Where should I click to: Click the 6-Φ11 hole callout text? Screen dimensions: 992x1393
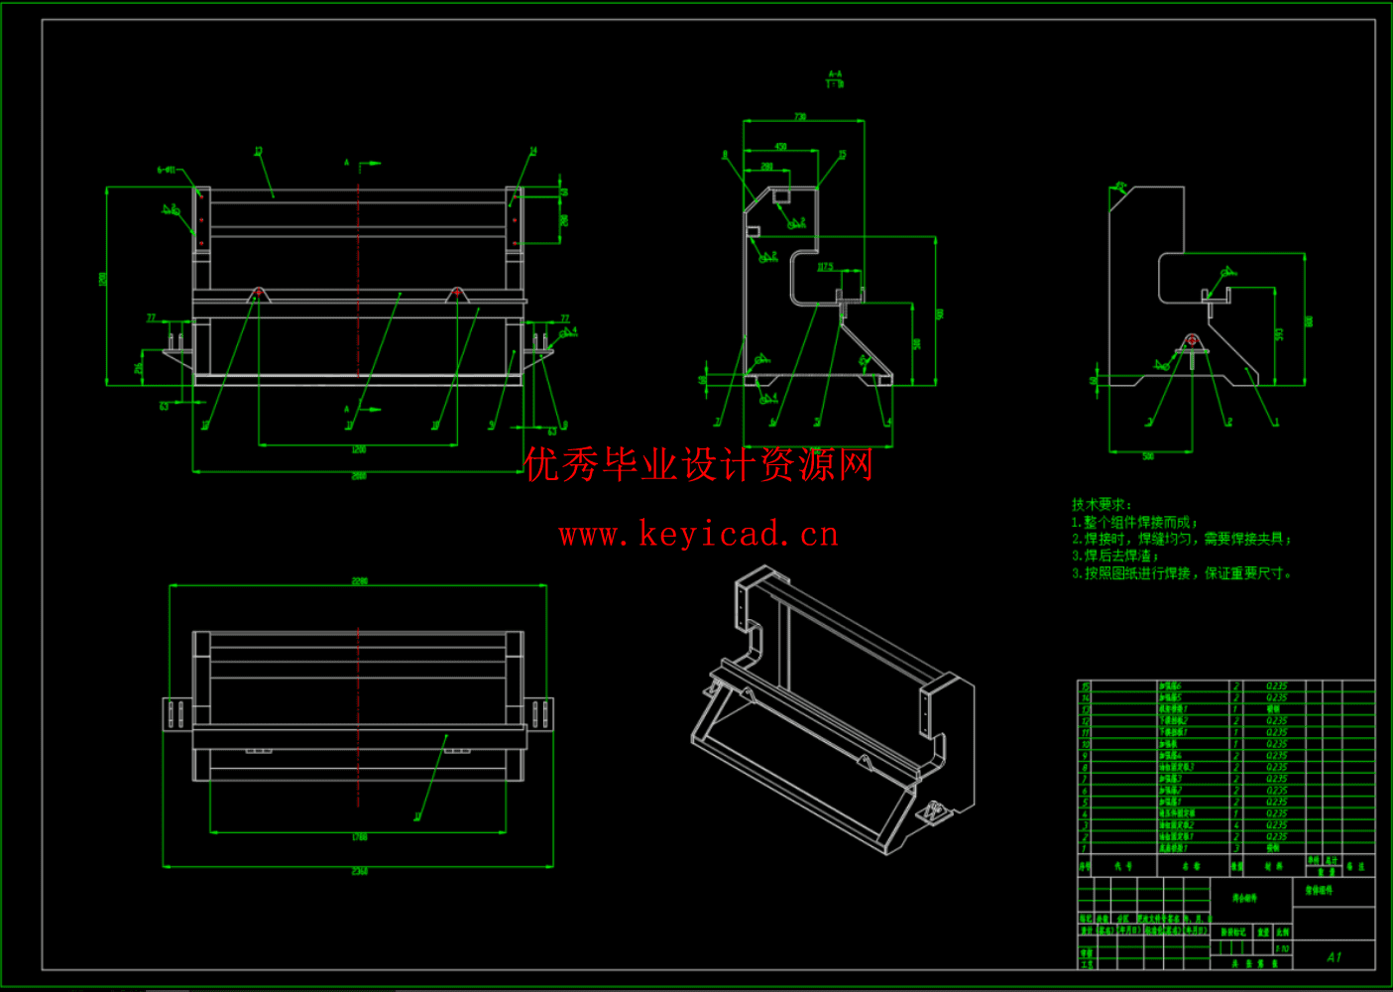(166, 170)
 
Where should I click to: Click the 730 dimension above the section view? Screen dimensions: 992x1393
(800, 117)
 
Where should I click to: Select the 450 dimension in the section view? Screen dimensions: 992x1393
(780, 147)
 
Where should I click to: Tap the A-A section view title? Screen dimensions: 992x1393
(835, 78)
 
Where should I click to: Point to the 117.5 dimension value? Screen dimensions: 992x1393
(825, 267)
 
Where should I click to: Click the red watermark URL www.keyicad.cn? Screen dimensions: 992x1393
(698, 535)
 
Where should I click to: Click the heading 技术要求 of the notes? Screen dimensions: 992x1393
(1101, 505)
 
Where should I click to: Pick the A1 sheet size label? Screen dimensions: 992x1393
(1334, 956)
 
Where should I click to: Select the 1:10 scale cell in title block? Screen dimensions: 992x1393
(1282, 948)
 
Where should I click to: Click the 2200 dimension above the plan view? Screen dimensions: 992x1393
(359, 580)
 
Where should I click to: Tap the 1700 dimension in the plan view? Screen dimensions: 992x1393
(359, 837)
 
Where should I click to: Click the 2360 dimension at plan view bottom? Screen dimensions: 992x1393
(359, 871)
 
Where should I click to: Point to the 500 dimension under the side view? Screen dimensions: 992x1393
(1148, 456)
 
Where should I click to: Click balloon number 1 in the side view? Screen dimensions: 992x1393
(1276, 423)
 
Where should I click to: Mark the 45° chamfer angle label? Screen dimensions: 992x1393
(1119, 186)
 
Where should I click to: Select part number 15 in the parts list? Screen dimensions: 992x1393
(1085, 686)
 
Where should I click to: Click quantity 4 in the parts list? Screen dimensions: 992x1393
(1235, 825)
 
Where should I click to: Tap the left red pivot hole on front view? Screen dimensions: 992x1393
(259, 293)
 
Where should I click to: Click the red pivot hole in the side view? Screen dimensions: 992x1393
(1192, 341)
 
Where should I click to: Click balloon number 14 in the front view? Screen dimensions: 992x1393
(532, 152)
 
